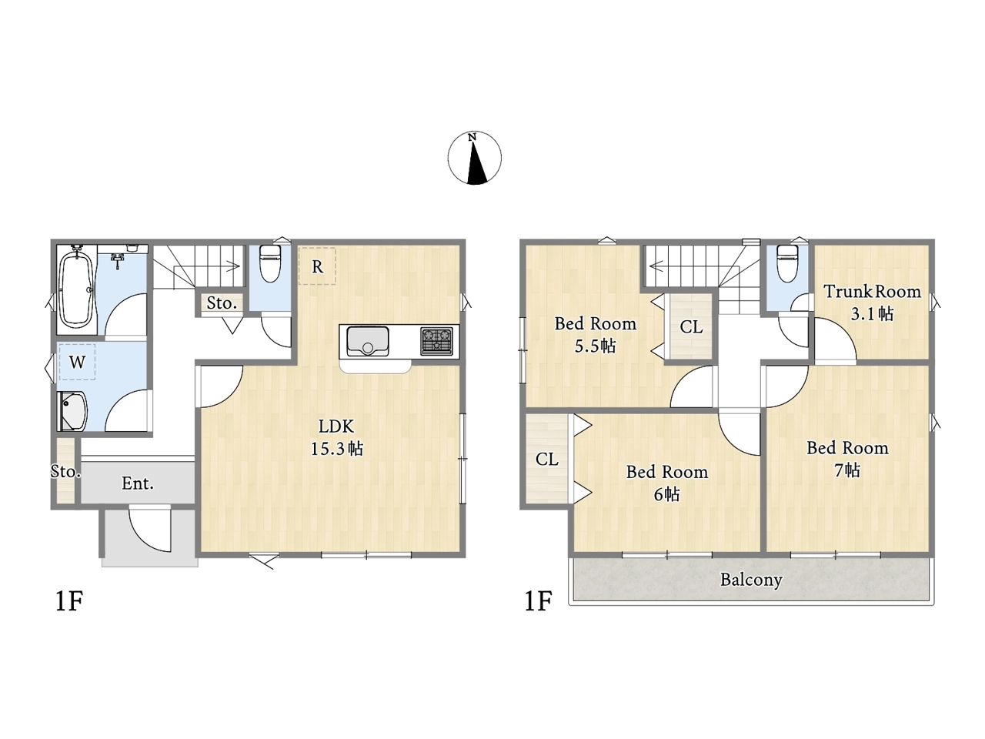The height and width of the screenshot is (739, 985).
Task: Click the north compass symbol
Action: point(474,158)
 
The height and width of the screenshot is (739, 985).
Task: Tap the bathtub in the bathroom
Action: point(77,289)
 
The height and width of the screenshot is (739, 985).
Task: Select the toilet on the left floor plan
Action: point(270,263)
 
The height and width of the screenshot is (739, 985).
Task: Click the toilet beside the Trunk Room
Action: point(787,263)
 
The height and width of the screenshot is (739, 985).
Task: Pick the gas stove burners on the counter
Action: point(436,341)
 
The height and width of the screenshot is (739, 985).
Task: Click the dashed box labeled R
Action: point(317,266)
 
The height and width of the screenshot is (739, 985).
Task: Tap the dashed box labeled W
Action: point(77,362)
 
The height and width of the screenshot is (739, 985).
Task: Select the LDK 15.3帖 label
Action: point(337,437)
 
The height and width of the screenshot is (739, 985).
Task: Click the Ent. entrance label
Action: point(138,483)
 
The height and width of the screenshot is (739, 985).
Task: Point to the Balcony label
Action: point(752,580)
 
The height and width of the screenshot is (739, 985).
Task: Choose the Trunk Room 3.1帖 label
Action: point(873,303)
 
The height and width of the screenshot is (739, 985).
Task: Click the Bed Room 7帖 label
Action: point(848,459)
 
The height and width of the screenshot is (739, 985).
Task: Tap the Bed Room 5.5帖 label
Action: point(596,335)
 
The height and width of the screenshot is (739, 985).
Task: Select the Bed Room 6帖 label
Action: point(667,483)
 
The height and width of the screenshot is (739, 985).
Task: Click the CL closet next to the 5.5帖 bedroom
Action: point(691,326)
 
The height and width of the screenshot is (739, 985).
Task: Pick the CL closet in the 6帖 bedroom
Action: point(547,459)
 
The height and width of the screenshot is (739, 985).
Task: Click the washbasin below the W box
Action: point(73,411)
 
